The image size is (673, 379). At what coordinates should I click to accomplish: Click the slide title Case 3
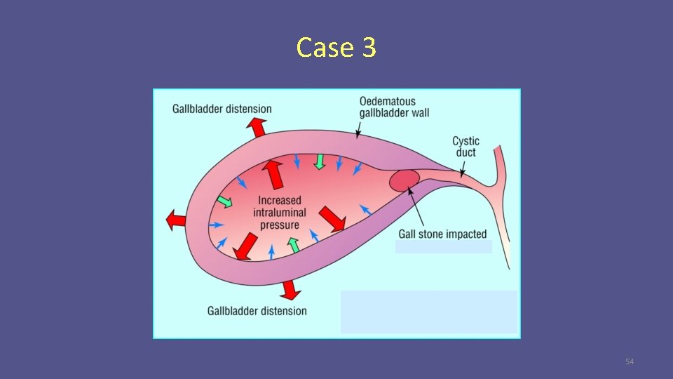[336, 48]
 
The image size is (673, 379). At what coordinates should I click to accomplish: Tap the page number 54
[629, 361]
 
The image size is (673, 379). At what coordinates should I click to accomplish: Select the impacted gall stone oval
[405, 180]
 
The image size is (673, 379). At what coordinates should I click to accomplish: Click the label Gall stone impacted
[442, 234]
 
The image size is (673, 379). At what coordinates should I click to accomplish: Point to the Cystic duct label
[465, 147]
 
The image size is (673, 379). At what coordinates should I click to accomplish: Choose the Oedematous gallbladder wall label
[394, 107]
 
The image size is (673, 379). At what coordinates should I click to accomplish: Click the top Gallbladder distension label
[222, 109]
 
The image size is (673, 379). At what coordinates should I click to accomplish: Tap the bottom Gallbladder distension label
[257, 310]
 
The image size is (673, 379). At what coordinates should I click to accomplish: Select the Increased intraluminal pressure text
[279, 213]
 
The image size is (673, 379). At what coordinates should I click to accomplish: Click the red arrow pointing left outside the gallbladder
[176, 221]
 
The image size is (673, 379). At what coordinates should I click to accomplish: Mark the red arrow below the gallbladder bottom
[290, 288]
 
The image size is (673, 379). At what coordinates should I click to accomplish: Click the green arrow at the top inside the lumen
[320, 161]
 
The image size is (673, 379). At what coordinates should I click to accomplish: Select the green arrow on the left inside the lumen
[224, 201]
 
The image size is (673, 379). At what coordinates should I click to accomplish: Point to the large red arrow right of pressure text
[332, 219]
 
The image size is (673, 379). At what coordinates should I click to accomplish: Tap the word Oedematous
[388, 102]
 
